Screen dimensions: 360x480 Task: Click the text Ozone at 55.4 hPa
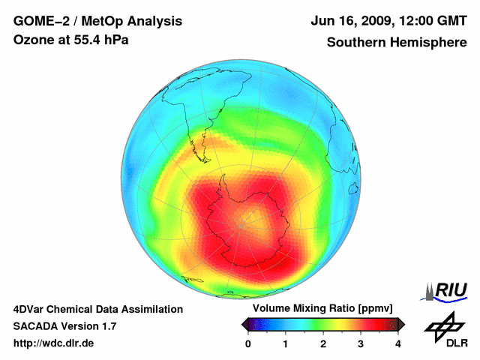tap(71, 40)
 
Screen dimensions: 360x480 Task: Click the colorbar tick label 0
tap(248, 343)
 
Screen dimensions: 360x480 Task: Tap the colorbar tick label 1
tap(286, 343)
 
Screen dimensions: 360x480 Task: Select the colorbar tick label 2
tap(323, 343)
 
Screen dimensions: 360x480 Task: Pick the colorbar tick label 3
tap(361, 343)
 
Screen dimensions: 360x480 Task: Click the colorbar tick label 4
tap(398, 343)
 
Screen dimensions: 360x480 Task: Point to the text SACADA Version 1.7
tap(65, 326)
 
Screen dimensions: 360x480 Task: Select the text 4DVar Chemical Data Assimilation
tap(98, 309)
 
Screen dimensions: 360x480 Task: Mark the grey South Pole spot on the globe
tap(242, 223)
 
